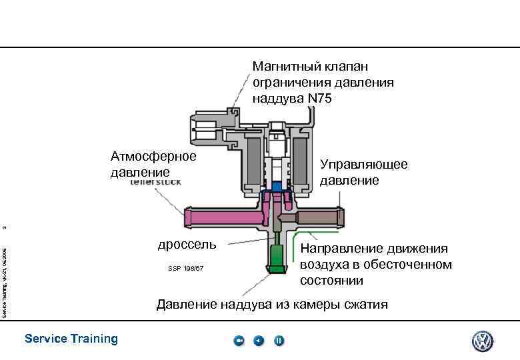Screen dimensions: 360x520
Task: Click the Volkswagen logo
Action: [x=482, y=341]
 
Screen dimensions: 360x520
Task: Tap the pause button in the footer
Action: [x=279, y=341]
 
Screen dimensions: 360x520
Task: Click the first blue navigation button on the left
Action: [x=239, y=341]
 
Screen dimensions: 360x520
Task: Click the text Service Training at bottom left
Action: [x=71, y=339]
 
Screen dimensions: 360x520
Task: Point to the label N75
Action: [x=319, y=99]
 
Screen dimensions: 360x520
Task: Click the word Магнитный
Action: [x=286, y=67]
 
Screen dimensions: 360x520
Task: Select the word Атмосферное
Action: [x=153, y=157]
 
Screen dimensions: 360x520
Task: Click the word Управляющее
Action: [x=364, y=164]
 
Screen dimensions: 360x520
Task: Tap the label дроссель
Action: [x=187, y=244]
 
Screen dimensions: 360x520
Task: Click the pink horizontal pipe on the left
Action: [x=220, y=217]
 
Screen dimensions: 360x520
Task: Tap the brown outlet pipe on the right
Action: [x=320, y=216]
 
